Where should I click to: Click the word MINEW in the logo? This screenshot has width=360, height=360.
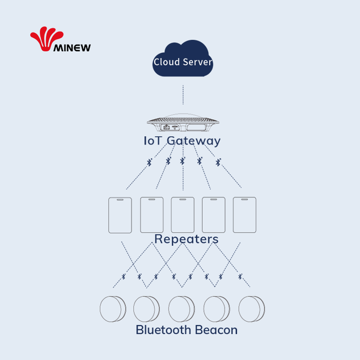[x=72, y=48]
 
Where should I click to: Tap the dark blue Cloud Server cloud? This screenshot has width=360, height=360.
[x=183, y=58]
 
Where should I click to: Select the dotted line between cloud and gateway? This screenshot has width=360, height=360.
[x=183, y=94]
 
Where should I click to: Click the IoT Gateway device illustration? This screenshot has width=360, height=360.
[x=183, y=123]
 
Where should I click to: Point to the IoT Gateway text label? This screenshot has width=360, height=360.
[x=182, y=141]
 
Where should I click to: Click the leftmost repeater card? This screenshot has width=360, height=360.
[x=120, y=215]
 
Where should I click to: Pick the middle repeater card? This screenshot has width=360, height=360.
[x=183, y=215]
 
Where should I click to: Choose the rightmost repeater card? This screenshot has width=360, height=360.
[x=245, y=215]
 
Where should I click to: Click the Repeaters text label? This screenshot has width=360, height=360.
[x=186, y=239]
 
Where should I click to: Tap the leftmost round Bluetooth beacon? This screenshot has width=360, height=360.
[x=112, y=309]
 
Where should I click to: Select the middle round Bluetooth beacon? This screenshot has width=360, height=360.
[x=181, y=309]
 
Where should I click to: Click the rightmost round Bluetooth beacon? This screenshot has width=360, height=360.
[x=251, y=309]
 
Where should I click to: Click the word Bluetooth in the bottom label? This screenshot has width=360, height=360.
[x=164, y=330]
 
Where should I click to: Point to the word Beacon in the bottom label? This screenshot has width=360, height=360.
[x=217, y=330]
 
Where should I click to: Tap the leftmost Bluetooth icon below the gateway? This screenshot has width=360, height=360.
[x=150, y=163]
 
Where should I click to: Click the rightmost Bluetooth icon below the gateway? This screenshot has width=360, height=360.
[x=218, y=162]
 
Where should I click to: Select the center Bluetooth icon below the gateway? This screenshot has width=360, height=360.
[x=182, y=161]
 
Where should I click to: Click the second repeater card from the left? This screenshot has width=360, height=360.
[x=152, y=215]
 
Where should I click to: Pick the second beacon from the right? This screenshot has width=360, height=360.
[x=217, y=309]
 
